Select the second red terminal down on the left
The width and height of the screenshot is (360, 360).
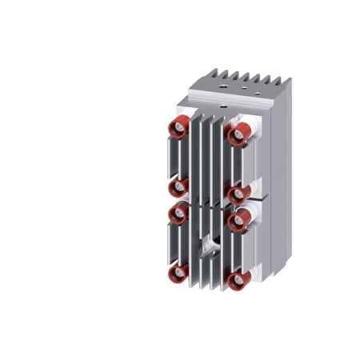178,186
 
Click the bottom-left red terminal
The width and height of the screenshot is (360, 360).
176,276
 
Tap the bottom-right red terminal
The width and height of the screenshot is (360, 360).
236,281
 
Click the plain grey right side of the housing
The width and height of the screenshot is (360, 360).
270,184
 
